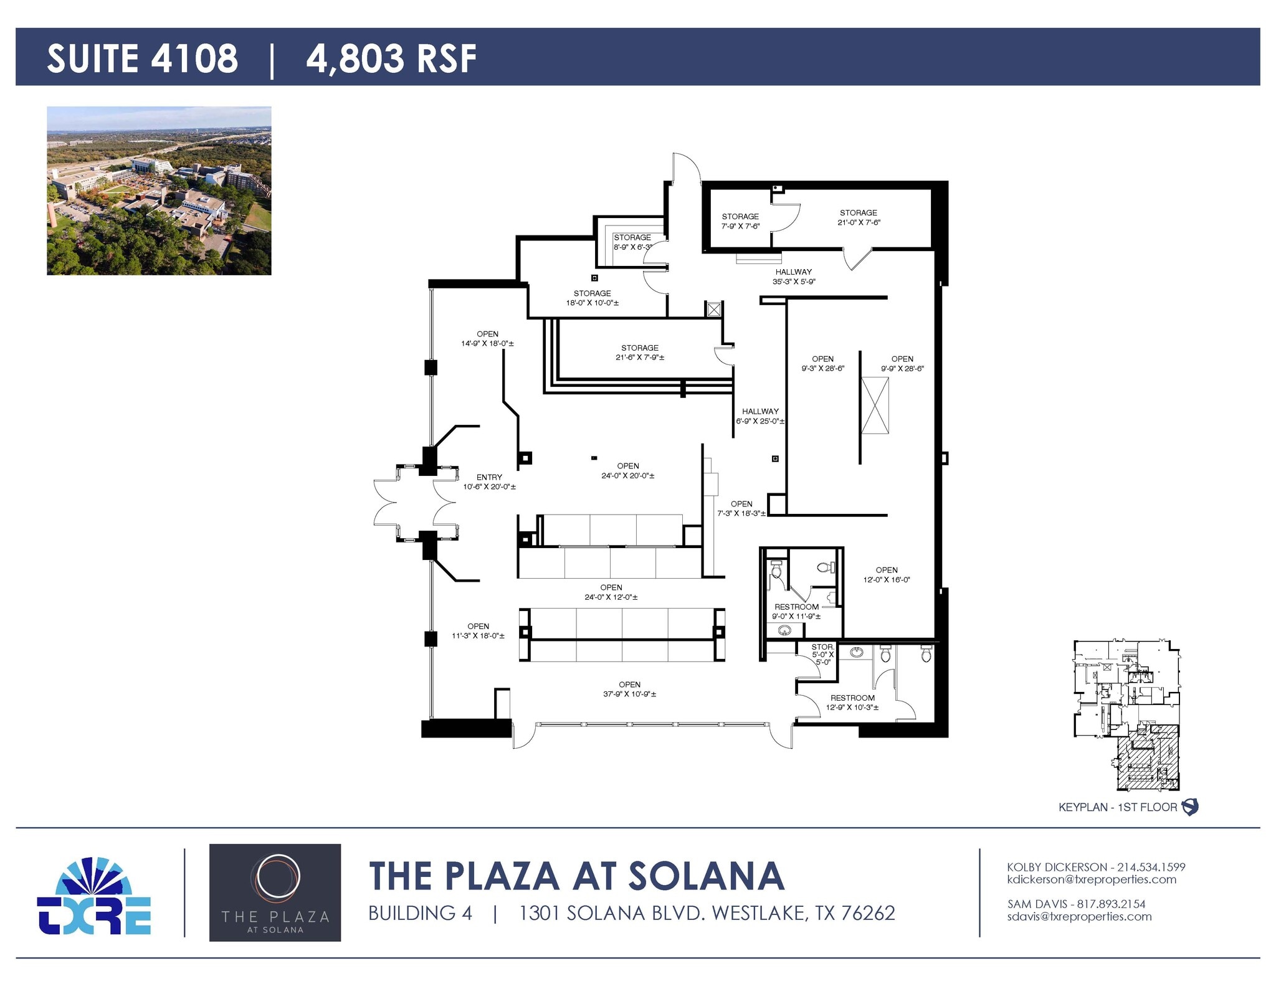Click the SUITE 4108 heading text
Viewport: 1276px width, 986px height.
[142, 59]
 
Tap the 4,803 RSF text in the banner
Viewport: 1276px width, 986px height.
[391, 59]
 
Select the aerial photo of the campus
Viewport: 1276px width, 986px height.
[159, 191]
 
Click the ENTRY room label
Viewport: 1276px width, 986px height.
[489, 481]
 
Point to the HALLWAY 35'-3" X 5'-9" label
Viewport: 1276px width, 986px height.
[794, 277]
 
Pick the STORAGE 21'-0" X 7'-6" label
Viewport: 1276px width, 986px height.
[859, 217]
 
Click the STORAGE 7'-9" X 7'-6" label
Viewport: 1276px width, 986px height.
[740, 221]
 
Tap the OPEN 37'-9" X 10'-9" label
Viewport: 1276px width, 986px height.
[629, 689]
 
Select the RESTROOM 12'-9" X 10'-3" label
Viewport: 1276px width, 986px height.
[852, 703]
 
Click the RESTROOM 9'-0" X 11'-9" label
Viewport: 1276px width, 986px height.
[796, 611]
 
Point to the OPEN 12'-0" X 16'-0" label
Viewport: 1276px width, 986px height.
[886, 574]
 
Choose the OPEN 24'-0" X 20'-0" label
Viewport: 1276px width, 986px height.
[627, 470]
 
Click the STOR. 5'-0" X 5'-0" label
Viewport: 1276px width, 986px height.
[822, 654]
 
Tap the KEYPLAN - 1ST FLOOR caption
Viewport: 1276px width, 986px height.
[1117, 807]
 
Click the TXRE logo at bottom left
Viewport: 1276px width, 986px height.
[94, 896]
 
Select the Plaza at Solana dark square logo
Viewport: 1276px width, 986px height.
[275, 892]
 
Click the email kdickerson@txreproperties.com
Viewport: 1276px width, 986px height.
[1092, 879]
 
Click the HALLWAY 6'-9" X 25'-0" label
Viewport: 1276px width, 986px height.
[760, 416]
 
